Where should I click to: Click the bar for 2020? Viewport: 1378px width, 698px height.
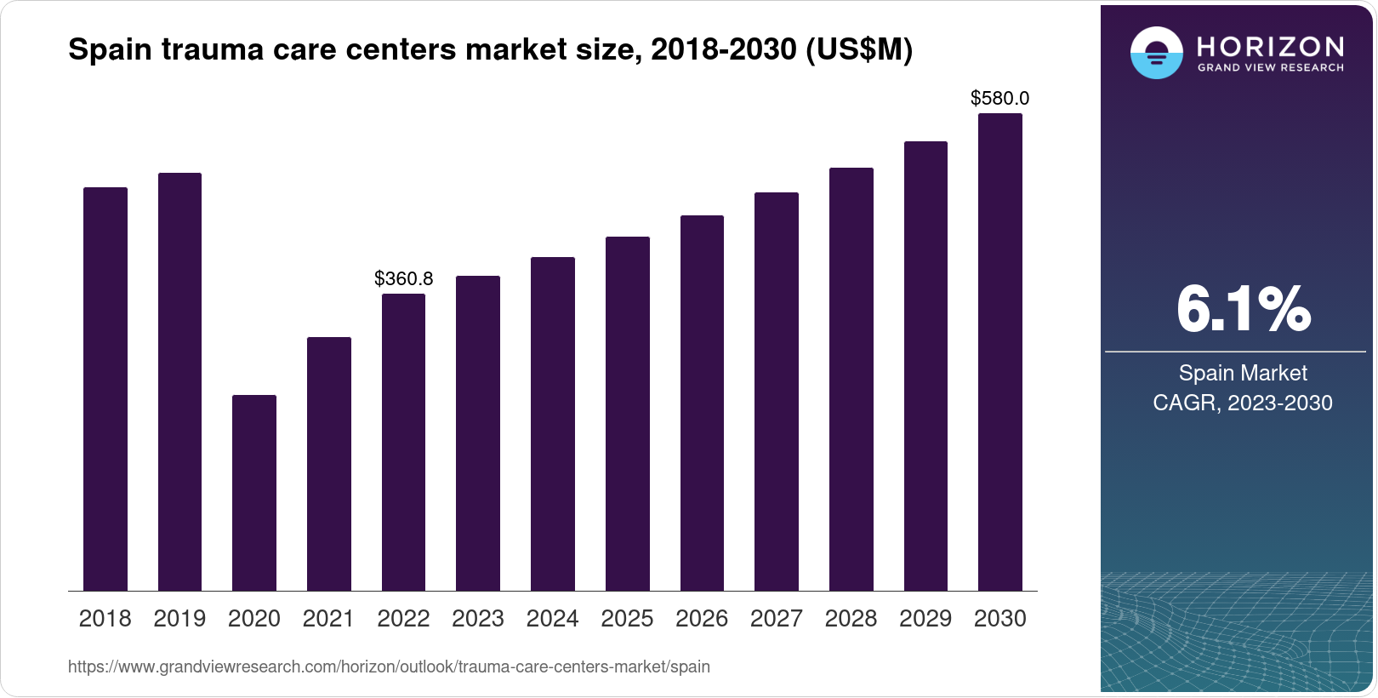pyautogui.click(x=253, y=493)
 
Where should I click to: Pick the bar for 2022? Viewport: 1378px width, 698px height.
pyautogui.click(x=403, y=442)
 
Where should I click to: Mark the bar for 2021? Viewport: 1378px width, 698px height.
pyautogui.click(x=328, y=464)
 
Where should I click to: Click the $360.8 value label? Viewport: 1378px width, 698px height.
pyautogui.click(x=403, y=278)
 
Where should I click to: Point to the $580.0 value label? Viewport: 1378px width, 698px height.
pyautogui.click(x=999, y=98)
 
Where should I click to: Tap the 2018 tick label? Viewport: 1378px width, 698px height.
pyautogui.click(x=105, y=619)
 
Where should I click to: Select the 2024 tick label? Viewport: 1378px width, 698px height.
pyautogui.click(x=552, y=619)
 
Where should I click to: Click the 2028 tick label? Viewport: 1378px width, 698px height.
pyautogui.click(x=851, y=619)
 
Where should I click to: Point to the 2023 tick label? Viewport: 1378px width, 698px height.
pyautogui.click(x=478, y=619)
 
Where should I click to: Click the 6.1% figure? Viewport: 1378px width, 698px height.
pyautogui.click(x=1243, y=309)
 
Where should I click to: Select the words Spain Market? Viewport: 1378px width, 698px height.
pyautogui.click(x=1243, y=373)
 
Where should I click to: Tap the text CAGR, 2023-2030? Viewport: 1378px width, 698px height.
pyautogui.click(x=1243, y=403)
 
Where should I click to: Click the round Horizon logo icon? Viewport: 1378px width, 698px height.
pyautogui.click(x=1156, y=53)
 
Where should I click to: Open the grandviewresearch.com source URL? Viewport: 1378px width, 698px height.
pyautogui.click(x=389, y=667)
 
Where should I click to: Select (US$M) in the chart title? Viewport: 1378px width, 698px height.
pyautogui.click(x=857, y=50)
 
